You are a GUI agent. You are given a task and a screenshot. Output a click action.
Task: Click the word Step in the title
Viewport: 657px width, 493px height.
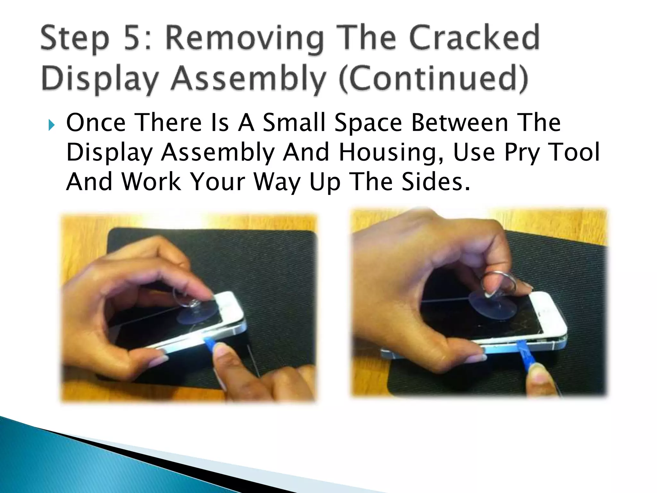(74, 39)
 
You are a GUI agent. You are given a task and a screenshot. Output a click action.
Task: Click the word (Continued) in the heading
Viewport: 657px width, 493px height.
(433, 79)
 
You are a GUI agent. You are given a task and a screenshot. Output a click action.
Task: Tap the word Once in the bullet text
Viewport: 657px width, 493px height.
(96, 123)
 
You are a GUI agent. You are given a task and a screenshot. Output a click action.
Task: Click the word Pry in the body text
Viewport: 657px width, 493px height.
(521, 153)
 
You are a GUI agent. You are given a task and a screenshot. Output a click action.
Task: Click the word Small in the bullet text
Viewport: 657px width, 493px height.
(294, 123)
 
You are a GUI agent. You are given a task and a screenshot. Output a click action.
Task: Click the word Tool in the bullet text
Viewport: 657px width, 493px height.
(574, 152)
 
